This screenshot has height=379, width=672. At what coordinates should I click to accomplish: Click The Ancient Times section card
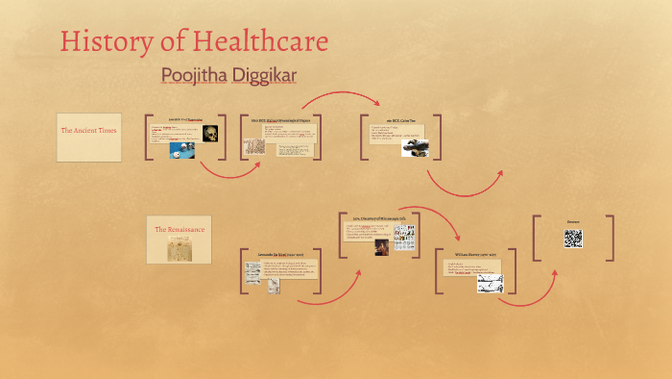click(88, 130)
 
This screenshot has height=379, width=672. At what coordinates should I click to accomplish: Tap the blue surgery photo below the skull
click(182, 149)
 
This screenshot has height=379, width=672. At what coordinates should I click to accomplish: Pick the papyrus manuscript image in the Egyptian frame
click(254, 146)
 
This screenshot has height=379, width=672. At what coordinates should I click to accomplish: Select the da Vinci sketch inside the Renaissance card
click(180, 249)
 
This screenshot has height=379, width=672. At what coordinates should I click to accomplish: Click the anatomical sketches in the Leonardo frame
click(252, 277)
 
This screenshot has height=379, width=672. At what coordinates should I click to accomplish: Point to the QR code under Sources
click(573, 239)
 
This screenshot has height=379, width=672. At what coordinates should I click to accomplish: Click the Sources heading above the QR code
click(573, 223)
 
